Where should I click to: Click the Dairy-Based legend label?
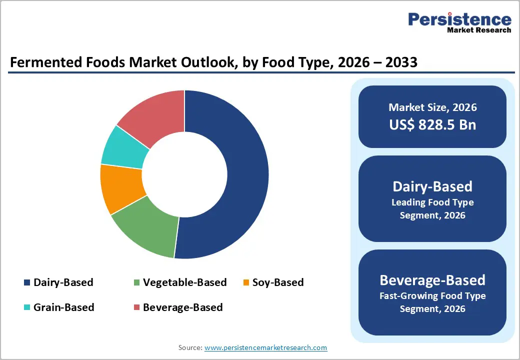pyautogui.click(x=63, y=282)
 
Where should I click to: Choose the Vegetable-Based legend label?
pyautogui.click(x=184, y=282)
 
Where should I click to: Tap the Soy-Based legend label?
pyautogui.click(x=278, y=282)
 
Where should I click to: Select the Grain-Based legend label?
pyautogui.click(x=63, y=307)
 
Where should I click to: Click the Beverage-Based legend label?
pyautogui.click(x=182, y=307)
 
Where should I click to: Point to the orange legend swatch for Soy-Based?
pyautogui.click(x=246, y=283)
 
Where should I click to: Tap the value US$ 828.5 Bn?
pyautogui.click(x=432, y=124)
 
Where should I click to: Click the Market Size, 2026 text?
pyautogui.click(x=432, y=107)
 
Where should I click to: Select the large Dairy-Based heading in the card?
pyautogui.click(x=432, y=186)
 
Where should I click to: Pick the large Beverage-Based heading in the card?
pyautogui.click(x=432, y=279)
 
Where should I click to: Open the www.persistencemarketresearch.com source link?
pyautogui.click(x=265, y=347)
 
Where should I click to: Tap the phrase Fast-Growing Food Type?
pyautogui.click(x=432, y=296)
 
